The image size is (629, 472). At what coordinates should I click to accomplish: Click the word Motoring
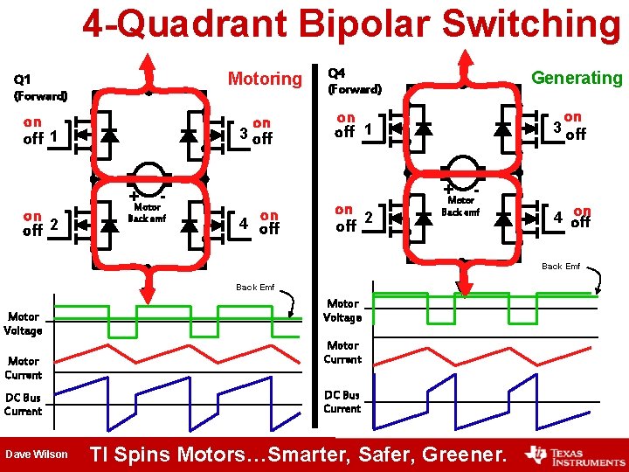point(264,79)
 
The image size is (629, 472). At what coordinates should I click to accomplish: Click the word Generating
point(577,78)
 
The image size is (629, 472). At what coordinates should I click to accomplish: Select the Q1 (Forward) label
point(40,88)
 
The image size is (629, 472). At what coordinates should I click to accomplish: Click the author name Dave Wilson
point(36,454)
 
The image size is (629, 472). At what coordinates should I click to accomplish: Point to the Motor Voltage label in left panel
point(23,323)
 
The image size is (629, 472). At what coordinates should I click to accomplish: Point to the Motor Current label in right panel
point(342,352)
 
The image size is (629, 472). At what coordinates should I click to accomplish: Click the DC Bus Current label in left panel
point(23,404)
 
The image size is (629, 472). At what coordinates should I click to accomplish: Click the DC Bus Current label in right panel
point(342,402)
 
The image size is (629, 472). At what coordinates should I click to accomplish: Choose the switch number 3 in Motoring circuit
point(244,132)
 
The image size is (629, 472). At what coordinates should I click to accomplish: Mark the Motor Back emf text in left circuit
point(146,212)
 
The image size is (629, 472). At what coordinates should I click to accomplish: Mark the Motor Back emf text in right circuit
point(460,206)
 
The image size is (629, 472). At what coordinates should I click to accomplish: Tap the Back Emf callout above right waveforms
point(560,266)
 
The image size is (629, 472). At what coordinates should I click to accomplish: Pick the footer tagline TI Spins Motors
point(298,455)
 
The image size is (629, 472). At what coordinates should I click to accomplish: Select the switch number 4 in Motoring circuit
point(244,223)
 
